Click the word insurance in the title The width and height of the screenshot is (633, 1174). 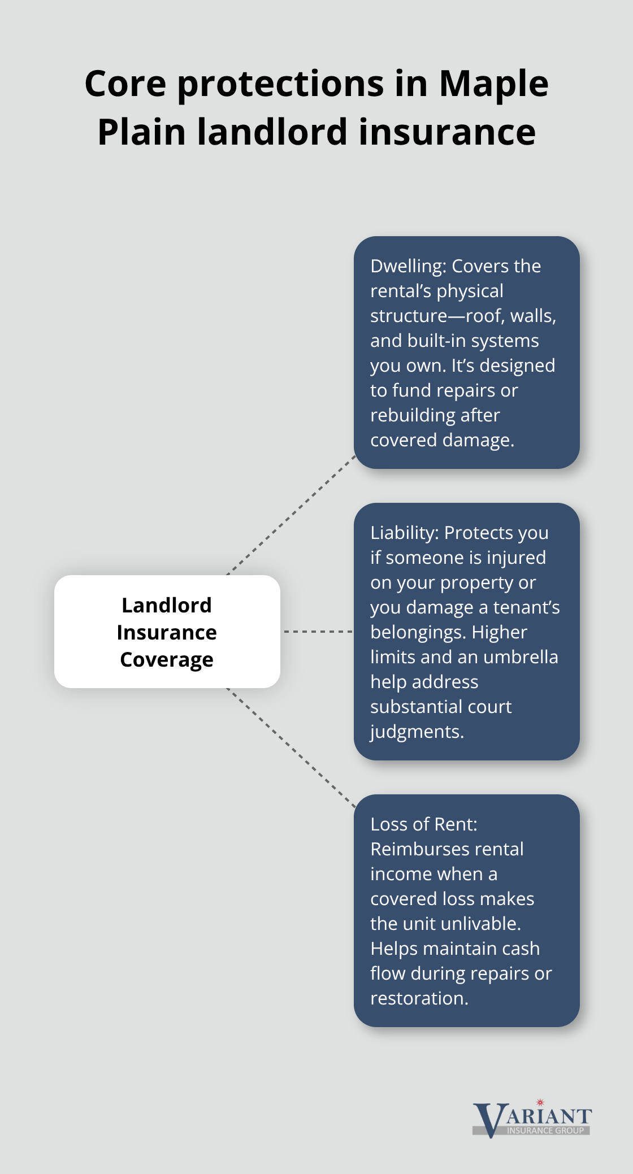click(x=447, y=132)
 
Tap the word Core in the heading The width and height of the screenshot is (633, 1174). click(x=125, y=84)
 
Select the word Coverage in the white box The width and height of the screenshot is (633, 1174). click(x=167, y=660)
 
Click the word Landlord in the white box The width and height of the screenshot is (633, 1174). click(x=167, y=606)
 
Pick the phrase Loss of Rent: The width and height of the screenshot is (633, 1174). click(x=424, y=824)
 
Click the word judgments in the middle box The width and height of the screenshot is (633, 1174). click(x=415, y=732)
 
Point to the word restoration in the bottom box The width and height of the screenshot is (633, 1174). click(x=417, y=998)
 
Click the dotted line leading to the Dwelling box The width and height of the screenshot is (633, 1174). click(x=291, y=515)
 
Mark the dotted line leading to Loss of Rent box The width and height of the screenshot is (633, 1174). click(x=291, y=747)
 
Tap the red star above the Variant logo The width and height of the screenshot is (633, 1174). click(x=540, y=1102)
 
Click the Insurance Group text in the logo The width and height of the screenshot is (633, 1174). click(x=545, y=1130)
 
